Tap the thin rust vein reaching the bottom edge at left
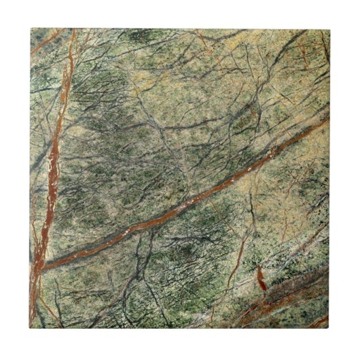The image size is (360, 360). point(54,319)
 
